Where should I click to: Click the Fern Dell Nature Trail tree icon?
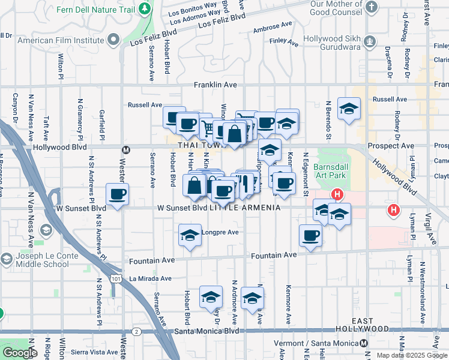pyautogui.click(x=144, y=9)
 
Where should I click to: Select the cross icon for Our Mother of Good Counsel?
pyautogui.click(x=372, y=7)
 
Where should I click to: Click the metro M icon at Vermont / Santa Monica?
pyautogui.click(x=364, y=343)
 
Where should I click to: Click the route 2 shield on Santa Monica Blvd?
pyautogui.click(x=136, y=331)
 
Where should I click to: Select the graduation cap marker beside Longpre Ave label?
pyautogui.click(x=190, y=235)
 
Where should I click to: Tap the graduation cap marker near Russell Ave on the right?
pyautogui.click(x=348, y=109)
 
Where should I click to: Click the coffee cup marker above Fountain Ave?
pyautogui.click(x=310, y=235)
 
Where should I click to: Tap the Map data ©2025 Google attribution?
pyautogui.click(x=412, y=355)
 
